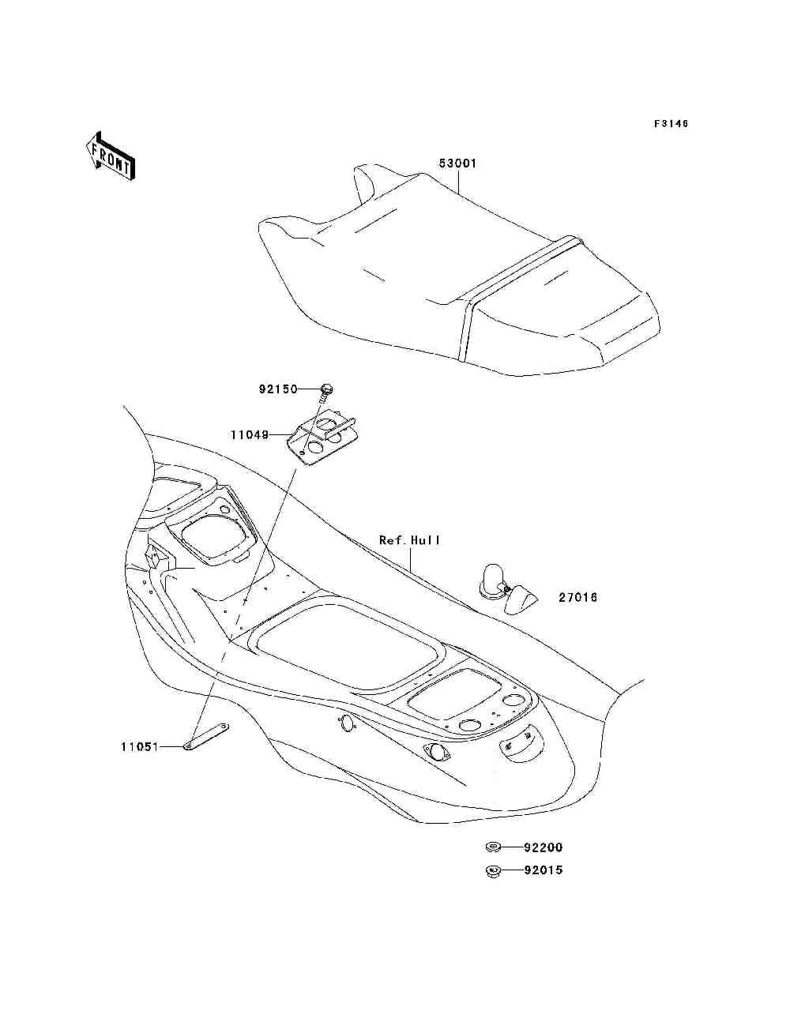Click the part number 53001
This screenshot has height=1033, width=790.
(458, 164)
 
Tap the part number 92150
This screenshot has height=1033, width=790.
(278, 389)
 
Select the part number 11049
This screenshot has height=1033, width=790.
(250, 434)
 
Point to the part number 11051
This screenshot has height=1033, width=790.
(140, 746)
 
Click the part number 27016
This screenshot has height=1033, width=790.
(578, 598)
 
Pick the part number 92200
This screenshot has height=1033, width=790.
(544, 848)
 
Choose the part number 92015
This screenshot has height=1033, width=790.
(544, 871)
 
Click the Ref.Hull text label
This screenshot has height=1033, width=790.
(409, 541)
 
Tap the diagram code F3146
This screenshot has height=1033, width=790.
(671, 124)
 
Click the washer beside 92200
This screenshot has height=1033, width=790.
(492, 848)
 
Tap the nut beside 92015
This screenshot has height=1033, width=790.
(492, 871)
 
